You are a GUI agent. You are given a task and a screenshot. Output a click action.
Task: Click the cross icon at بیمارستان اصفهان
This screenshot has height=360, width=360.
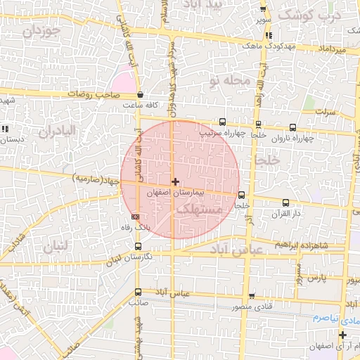[175, 181]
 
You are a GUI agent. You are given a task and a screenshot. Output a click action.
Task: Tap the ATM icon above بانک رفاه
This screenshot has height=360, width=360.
[135, 217]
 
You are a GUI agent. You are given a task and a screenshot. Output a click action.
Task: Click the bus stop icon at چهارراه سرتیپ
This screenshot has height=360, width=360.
[223, 122]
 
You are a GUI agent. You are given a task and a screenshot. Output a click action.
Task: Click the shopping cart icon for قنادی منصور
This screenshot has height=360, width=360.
[252, 296]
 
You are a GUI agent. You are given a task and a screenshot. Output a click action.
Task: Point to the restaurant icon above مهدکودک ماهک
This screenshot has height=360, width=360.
[269, 35]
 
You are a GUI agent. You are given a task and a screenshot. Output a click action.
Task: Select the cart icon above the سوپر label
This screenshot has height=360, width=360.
[263, 10]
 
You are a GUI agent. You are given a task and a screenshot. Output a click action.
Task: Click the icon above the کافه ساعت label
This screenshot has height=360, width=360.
[141, 95]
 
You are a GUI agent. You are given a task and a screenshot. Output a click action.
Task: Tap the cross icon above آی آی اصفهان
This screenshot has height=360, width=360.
[342, 335]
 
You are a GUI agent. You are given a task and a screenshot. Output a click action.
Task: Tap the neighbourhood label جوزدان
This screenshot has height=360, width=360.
[41, 32]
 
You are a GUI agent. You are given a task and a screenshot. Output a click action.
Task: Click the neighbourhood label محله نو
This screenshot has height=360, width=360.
[229, 81]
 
